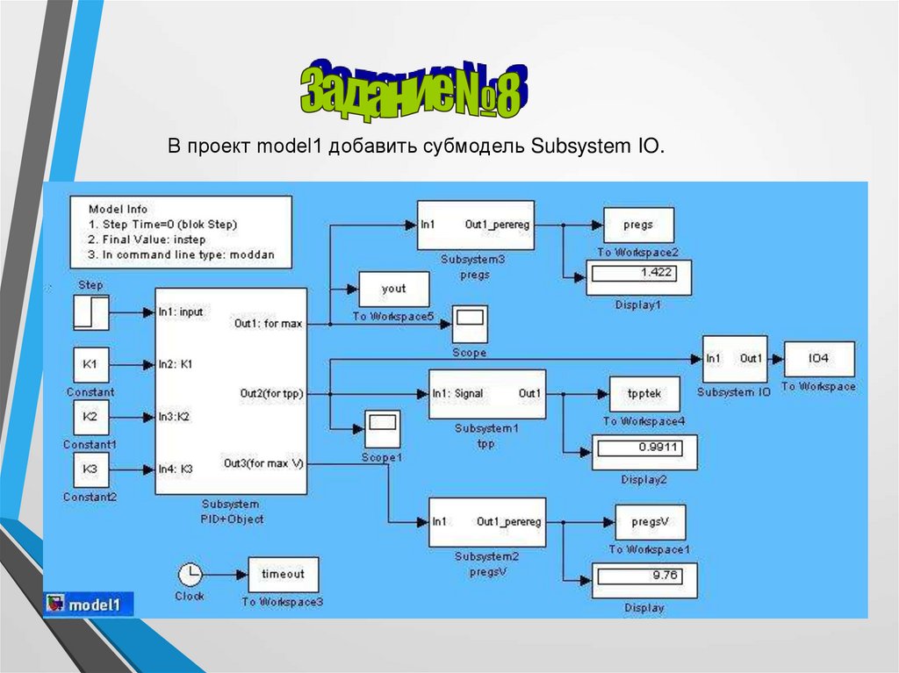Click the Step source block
91,312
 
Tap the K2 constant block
91,418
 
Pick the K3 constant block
91,470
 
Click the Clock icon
190,575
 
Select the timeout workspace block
283,575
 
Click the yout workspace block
394,290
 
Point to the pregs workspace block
638,226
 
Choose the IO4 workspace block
819,359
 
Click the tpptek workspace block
644,395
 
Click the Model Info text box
181,232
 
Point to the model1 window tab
90,605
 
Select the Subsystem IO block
734,359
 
